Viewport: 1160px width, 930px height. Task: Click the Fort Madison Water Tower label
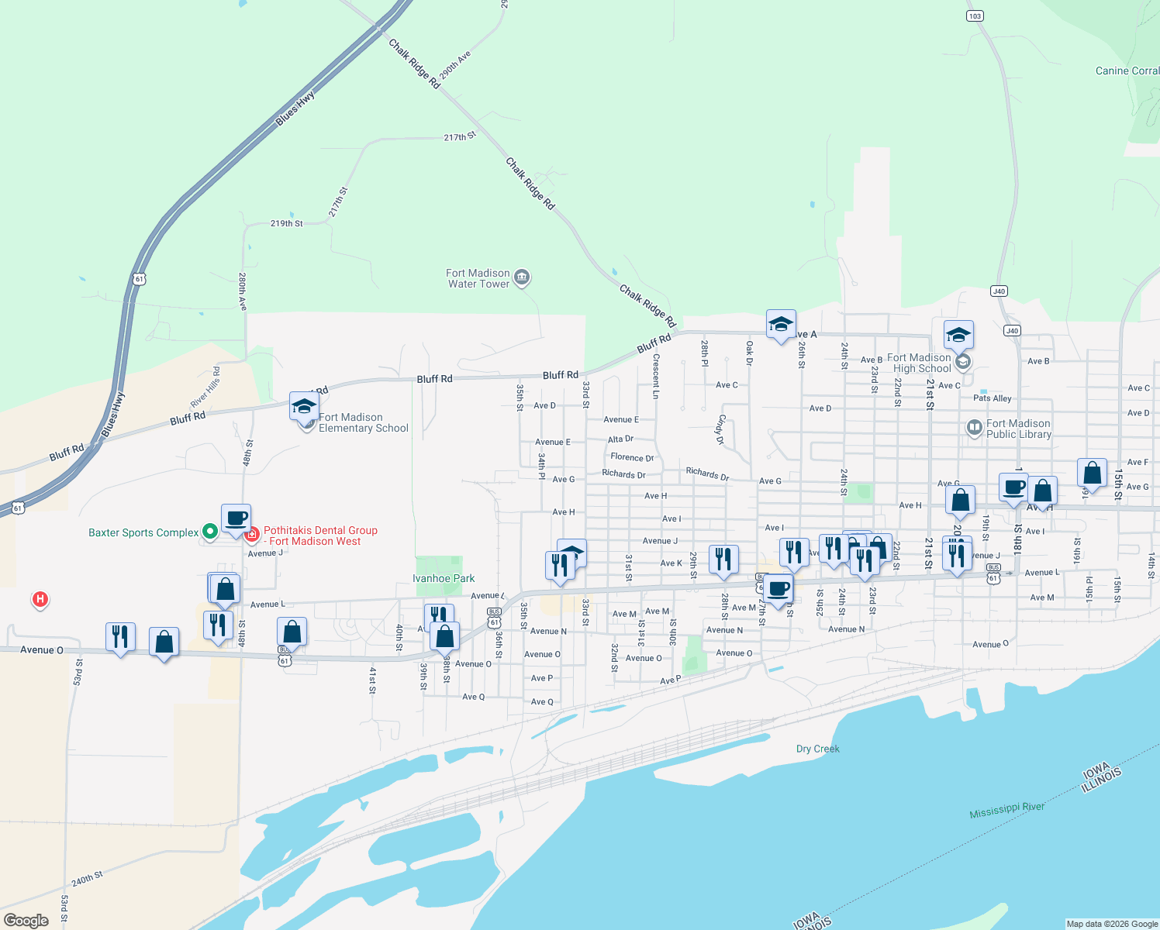coord(478,279)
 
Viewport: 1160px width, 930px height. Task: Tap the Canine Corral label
coord(1127,71)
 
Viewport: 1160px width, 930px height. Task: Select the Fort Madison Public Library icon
coord(973,427)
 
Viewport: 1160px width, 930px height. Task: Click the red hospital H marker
coord(40,599)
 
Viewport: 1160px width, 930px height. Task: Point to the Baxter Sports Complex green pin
coord(209,532)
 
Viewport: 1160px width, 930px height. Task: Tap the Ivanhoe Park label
coord(444,579)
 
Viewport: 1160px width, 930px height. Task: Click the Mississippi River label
coord(1006,810)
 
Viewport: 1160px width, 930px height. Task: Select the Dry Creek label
coord(817,749)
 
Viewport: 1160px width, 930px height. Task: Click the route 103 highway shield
coord(975,16)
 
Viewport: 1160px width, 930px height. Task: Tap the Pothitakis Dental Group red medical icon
coord(252,534)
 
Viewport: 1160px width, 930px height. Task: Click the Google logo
coord(26,921)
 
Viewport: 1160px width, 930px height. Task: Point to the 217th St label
coord(459,137)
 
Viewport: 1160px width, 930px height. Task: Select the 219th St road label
coord(286,223)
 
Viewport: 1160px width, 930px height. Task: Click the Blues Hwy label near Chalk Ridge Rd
coord(295,108)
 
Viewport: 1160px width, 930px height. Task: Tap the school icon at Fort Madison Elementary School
coord(303,406)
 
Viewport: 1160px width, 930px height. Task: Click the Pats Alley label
coord(992,398)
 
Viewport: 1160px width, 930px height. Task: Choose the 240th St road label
coord(87,880)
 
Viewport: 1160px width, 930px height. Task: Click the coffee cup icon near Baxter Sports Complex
coord(236,518)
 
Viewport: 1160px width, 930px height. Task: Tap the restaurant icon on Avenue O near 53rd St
coord(120,637)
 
